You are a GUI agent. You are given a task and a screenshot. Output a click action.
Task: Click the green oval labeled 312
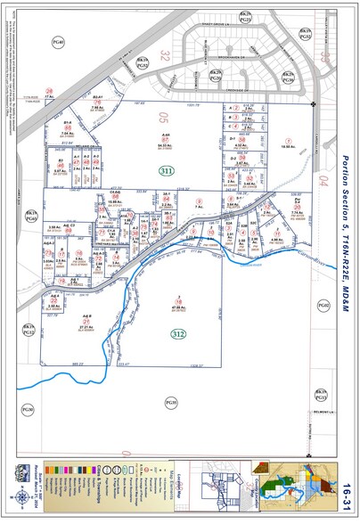coord(178,333)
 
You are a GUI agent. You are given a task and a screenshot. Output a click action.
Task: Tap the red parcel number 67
coord(165,140)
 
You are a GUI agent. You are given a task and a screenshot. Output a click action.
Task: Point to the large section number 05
coord(163,116)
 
